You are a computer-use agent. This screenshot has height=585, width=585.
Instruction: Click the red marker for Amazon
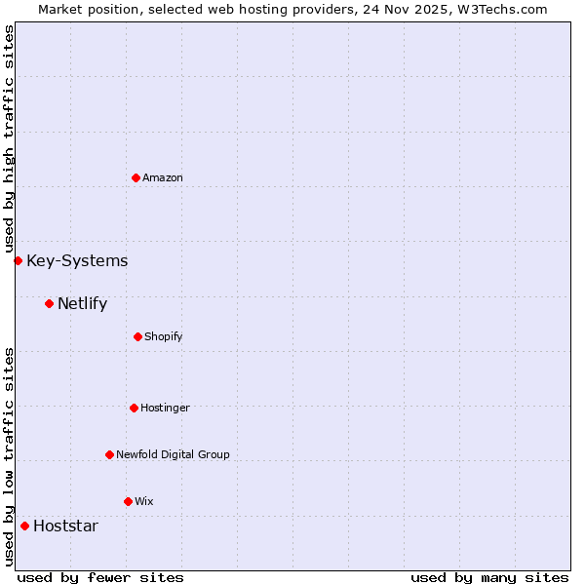pos(136,177)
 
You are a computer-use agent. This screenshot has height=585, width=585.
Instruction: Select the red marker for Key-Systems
pos(18,260)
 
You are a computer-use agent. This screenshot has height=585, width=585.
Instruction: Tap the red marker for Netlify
pos(49,303)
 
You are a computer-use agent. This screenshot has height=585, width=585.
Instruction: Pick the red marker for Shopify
pos(137,336)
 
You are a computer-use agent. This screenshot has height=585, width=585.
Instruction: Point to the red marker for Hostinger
pos(134,408)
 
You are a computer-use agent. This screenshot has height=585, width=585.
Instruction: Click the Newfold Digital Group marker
pos(109,454)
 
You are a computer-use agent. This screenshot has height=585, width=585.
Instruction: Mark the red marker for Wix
pos(128,501)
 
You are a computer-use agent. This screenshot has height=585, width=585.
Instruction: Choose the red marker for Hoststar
pos(24,526)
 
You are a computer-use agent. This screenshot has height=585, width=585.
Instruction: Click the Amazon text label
pos(163,178)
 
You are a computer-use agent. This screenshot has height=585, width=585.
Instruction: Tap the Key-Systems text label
pos(77,260)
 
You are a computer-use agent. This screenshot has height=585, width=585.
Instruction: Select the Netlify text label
pos(82,303)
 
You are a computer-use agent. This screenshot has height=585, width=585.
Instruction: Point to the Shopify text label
pos(164,337)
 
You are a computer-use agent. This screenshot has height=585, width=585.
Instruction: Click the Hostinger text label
pos(165,408)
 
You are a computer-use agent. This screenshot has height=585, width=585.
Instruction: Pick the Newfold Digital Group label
pos(173,454)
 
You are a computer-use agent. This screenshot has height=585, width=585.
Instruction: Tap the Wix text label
pos(144,501)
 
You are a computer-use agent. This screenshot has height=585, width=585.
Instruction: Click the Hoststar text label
pos(65,526)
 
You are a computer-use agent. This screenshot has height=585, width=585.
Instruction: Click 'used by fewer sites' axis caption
pos(100,577)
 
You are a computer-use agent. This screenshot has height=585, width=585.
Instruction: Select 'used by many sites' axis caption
pos(489,577)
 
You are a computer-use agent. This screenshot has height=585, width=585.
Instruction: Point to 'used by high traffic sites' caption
pos(10,139)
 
